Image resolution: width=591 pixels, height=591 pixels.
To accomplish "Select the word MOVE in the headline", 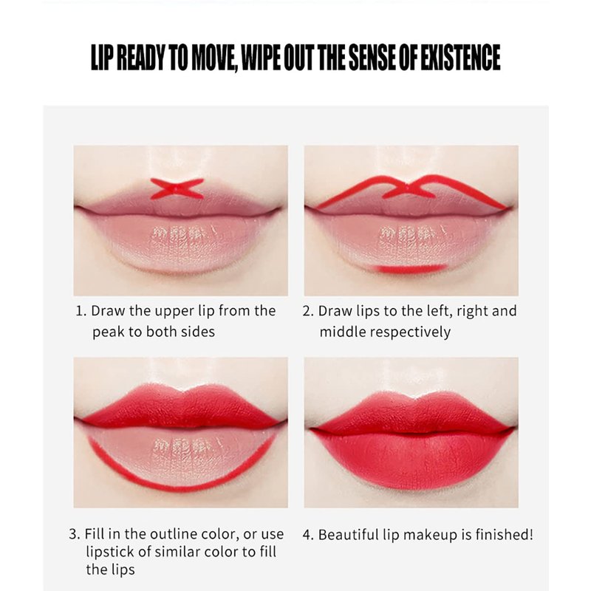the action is click(213, 58).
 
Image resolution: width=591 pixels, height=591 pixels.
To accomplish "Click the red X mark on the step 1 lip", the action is click(177, 188).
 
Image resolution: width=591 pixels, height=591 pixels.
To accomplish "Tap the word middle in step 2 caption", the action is click(343, 332).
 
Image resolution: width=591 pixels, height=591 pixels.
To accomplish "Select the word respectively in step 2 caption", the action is click(411, 332).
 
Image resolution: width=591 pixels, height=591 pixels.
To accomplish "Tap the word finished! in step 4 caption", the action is click(504, 534).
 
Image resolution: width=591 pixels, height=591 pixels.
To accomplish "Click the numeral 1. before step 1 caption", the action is click(81, 311).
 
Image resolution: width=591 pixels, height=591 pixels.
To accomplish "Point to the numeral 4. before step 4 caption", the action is click(308, 535).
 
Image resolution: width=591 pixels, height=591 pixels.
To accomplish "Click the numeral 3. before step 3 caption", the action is click(75, 534).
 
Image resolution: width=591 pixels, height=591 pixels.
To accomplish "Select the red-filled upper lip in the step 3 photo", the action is click(181, 409).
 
